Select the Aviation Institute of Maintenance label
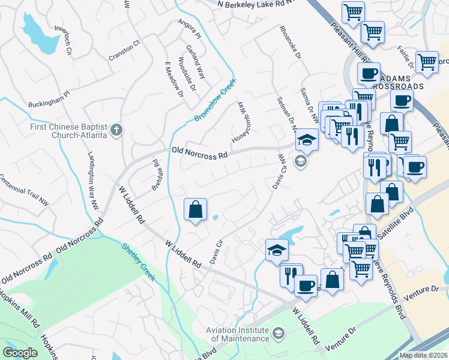pyautogui.click(x=237, y=334)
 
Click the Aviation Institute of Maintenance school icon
pyautogui.click(x=278, y=332)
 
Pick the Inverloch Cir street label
pyautogui.click(x=63, y=40)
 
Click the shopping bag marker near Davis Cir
pyautogui.click(x=195, y=211)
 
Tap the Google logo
pyautogui.click(x=20, y=353)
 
